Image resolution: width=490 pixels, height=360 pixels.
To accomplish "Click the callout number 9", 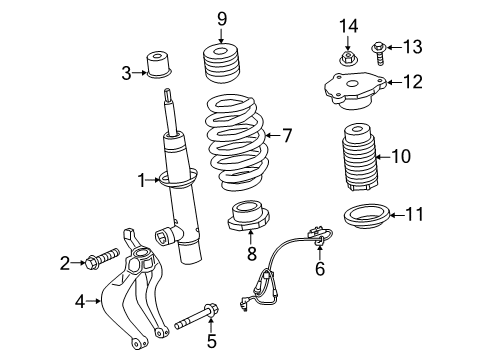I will [222, 17].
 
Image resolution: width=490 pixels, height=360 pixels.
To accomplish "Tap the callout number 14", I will [347, 25].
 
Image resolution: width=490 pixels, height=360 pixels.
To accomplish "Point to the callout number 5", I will [211, 341].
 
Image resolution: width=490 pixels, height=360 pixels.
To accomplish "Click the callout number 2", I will [65, 263].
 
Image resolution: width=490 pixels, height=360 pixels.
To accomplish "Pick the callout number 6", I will [320, 269].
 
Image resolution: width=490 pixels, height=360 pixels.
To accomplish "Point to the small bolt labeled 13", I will [381, 47].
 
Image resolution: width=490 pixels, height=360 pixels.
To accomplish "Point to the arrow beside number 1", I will [157, 180].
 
